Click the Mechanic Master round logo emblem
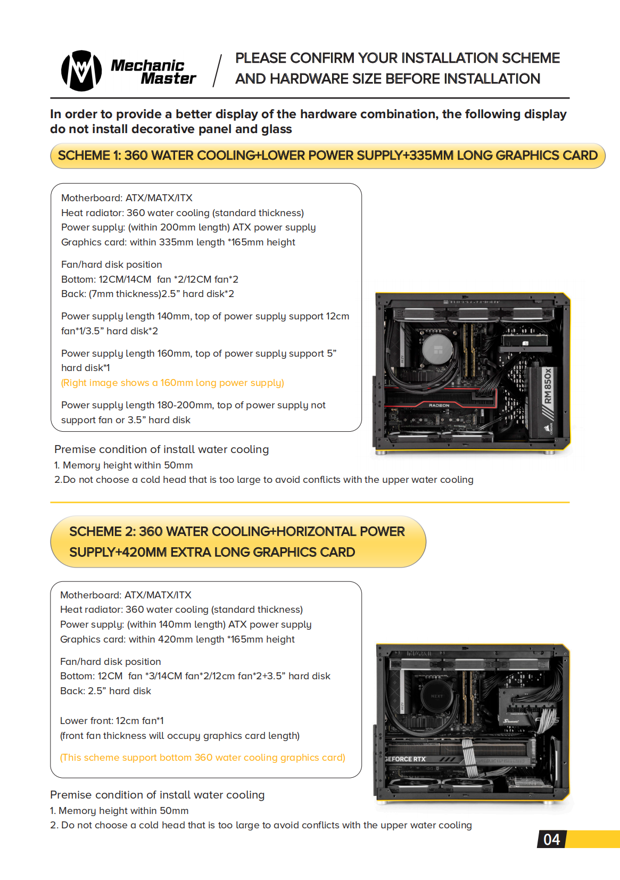(81, 71)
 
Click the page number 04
(551, 840)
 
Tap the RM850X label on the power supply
(548, 386)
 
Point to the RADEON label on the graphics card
(439, 405)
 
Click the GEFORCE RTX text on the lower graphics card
(405, 759)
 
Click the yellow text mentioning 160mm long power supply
(172, 383)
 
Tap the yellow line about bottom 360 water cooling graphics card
(202, 758)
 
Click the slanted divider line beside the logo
(217, 70)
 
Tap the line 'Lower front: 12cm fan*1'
(112, 721)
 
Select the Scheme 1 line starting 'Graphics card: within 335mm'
(178, 242)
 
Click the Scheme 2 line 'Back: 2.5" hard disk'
(105, 691)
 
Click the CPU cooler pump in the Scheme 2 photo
(436, 696)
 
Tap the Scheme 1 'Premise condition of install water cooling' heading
(161, 449)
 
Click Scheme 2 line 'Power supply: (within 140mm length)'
(185, 624)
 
